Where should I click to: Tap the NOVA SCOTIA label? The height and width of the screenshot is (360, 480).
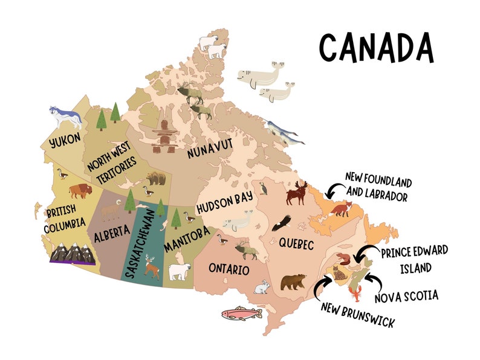pyautogui.click(x=406, y=296)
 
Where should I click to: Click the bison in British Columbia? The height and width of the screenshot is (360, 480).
pyautogui.click(x=82, y=191)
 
